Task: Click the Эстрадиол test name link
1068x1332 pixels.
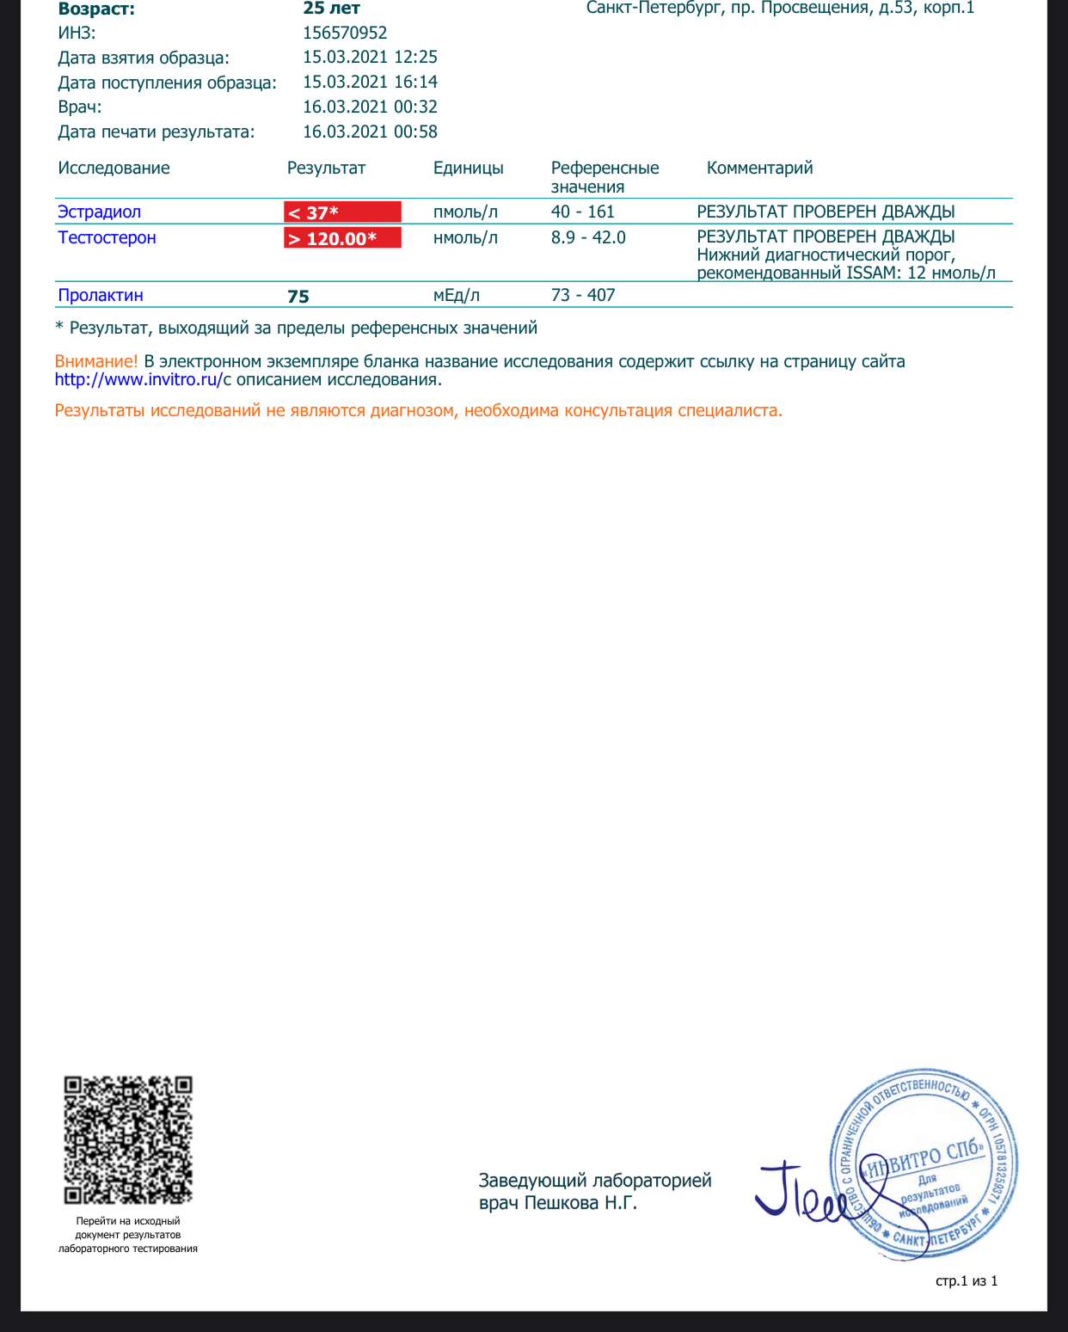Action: [x=99, y=212]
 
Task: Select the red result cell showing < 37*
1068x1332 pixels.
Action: [x=342, y=212]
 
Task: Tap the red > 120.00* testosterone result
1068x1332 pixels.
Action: [x=342, y=238]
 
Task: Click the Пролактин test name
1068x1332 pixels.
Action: [x=101, y=295]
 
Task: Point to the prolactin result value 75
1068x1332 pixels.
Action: [x=298, y=297]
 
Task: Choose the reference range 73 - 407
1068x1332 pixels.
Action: [x=583, y=295]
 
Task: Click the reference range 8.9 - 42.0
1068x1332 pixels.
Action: [x=588, y=237]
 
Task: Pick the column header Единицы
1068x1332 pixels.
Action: [x=469, y=168]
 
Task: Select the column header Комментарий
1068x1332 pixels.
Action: [x=759, y=168]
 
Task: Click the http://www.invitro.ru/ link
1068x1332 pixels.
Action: [x=138, y=379]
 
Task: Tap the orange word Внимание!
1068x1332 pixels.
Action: [x=96, y=361]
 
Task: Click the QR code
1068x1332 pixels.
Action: [x=128, y=1139]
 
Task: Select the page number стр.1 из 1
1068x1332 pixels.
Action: [x=967, y=1281]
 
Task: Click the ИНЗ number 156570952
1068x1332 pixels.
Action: [x=345, y=33]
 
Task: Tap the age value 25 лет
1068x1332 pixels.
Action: [x=332, y=9]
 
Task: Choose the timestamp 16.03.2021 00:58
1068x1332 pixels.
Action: [x=370, y=132]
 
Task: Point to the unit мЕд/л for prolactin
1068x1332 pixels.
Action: [x=457, y=295]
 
